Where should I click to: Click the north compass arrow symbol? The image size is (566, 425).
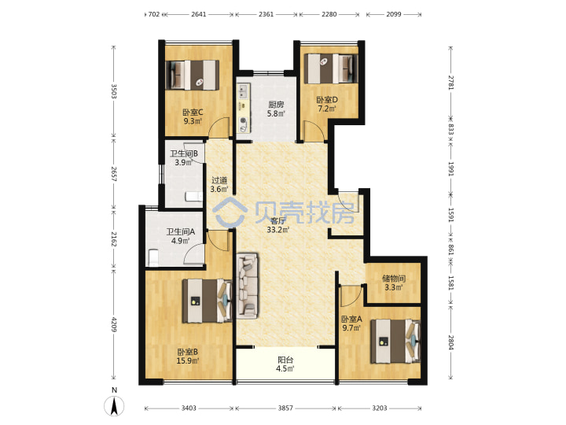tap(115, 405)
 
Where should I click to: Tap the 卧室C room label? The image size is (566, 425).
tap(193, 113)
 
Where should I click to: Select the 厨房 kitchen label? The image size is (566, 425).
tap(276, 105)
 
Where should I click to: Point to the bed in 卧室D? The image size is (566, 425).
tap(331, 68)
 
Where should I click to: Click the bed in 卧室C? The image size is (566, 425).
tap(192, 75)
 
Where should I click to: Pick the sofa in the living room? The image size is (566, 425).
tap(248, 286)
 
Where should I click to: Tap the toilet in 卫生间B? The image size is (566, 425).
tap(193, 197)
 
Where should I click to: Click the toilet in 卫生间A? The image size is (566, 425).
tap(153, 257)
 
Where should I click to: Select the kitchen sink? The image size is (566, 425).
tap(242, 91)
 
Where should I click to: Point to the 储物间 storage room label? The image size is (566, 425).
tap(394, 279)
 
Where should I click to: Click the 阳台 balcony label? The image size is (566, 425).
tap(285, 360)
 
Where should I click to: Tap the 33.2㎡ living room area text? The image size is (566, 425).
tap(278, 230)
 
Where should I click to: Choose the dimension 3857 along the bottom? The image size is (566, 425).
tap(285, 408)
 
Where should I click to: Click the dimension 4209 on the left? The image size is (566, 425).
tap(114, 324)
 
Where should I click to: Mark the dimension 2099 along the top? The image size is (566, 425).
tap(394, 14)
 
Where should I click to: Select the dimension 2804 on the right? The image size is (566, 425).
tap(451, 342)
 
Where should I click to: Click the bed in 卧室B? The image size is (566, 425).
tap(207, 301)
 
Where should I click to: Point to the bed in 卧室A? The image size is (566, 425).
tap(396, 341)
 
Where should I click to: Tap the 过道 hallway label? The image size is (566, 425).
tap(219, 180)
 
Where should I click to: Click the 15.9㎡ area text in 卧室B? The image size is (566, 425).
tap(188, 360)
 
